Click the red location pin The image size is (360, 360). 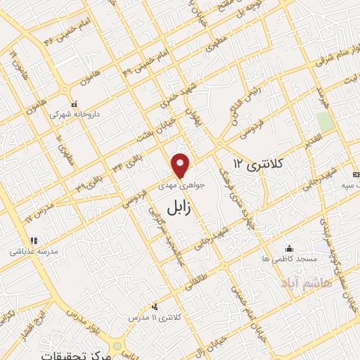(x=181, y=165)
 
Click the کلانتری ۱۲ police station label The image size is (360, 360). (x=257, y=163)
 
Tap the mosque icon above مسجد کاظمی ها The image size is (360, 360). (x=289, y=248)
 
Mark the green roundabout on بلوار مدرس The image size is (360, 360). (x=116, y=344)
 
